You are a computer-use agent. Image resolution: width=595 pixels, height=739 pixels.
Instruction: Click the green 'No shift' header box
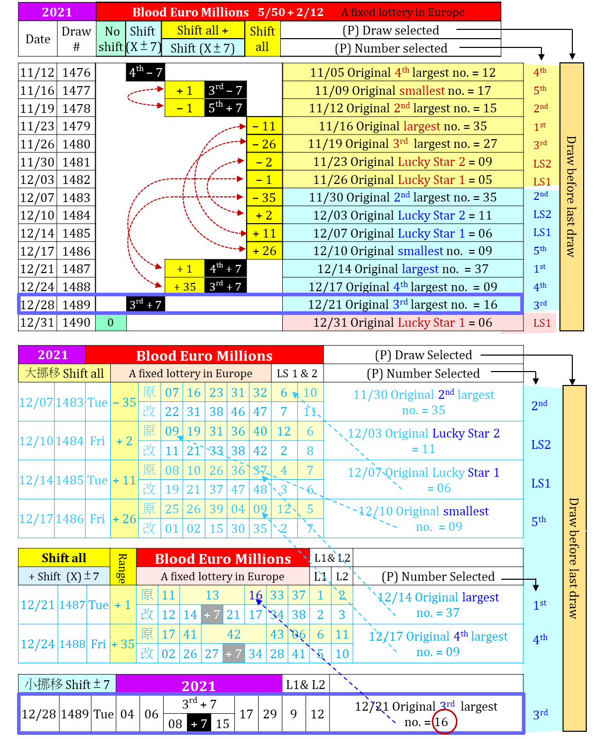click(111, 39)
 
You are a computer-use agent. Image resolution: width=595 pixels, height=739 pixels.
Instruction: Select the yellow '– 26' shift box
click(264, 144)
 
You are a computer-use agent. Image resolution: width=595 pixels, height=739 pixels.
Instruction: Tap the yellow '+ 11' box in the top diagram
click(264, 233)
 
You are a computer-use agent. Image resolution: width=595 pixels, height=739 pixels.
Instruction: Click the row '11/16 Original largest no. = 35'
click(403, 126)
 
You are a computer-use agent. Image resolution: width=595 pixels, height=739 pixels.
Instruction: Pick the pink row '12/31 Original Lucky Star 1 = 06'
click(403, 323)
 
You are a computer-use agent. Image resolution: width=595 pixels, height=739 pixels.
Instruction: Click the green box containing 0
click(111, 323)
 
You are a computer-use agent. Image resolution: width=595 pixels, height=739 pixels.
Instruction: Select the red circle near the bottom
click(444, 721)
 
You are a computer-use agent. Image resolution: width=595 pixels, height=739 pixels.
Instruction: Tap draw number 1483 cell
click(70, 402)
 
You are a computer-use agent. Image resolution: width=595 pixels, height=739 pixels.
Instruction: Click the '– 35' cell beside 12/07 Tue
click(124, 402)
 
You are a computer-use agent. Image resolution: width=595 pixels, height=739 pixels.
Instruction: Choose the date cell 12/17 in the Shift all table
click(36, 519)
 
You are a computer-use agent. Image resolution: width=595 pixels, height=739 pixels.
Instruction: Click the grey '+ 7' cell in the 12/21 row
click(212, 615)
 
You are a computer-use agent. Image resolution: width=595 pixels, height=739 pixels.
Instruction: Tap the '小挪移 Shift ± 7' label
click(67, 684)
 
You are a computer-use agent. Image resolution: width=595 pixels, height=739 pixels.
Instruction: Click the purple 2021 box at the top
click(57, 12)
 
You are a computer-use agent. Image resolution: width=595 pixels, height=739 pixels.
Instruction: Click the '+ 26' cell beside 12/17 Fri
click(124, 519)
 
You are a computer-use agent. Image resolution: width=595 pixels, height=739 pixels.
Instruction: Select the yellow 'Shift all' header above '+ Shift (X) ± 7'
click(64, 558)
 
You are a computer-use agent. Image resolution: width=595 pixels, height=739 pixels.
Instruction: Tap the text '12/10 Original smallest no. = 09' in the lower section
click(423, 518)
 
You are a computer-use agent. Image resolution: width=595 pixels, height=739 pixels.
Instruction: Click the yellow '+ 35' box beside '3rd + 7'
click(185, 287)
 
